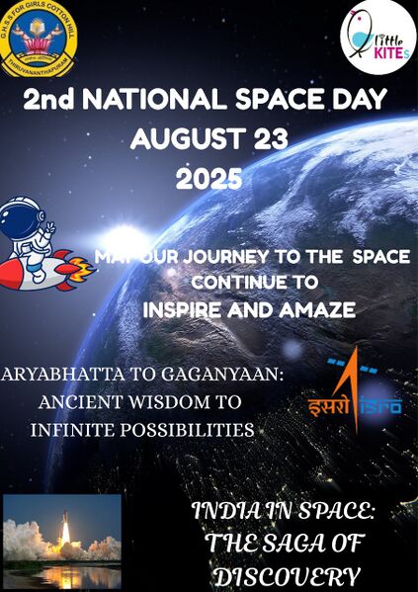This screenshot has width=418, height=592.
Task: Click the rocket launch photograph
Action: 61,540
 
